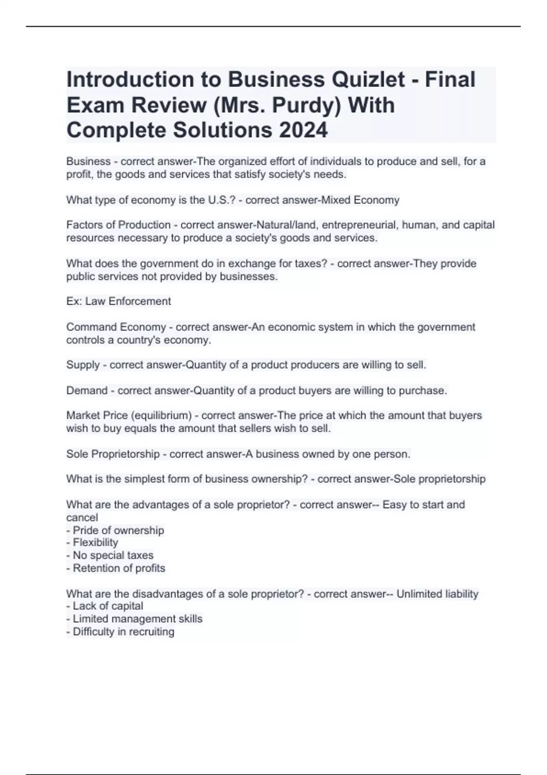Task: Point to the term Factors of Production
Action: tap(119, 225)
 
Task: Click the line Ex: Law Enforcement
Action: tap(119, 301)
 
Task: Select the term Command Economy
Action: tap(116, 327)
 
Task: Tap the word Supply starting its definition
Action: tap(83, 365)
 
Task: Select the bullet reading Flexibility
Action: tap(95, 542)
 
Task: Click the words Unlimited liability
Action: tap(437, 594)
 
